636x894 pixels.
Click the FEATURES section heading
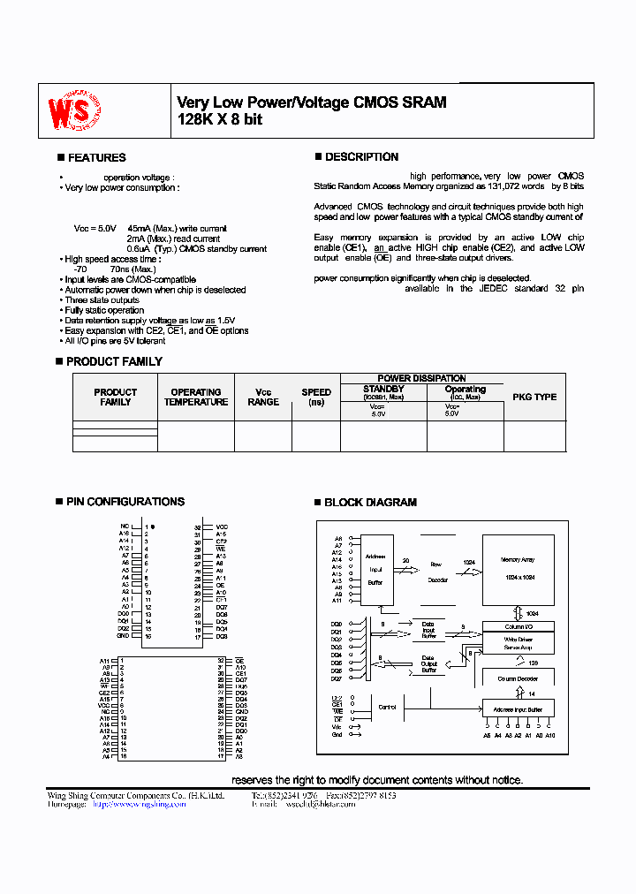click(96, 158)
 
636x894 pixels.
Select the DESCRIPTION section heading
click(361, 157)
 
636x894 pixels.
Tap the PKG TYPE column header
click(534, 398)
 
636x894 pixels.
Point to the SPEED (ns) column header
click(316, 397)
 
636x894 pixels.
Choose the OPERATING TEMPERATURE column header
click(196, 398)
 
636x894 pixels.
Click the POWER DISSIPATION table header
click(421, 378)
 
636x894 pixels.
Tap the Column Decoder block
click(518, 678)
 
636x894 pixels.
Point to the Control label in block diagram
click(387, 708)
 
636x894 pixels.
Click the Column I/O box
click(518, 626)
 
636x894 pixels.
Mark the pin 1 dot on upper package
click(153, 527)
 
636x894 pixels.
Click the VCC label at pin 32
click(222, 527)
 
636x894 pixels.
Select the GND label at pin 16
click(124, 636)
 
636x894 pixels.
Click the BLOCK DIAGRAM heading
click(370, 503)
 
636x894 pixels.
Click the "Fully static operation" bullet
click(104, 310)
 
